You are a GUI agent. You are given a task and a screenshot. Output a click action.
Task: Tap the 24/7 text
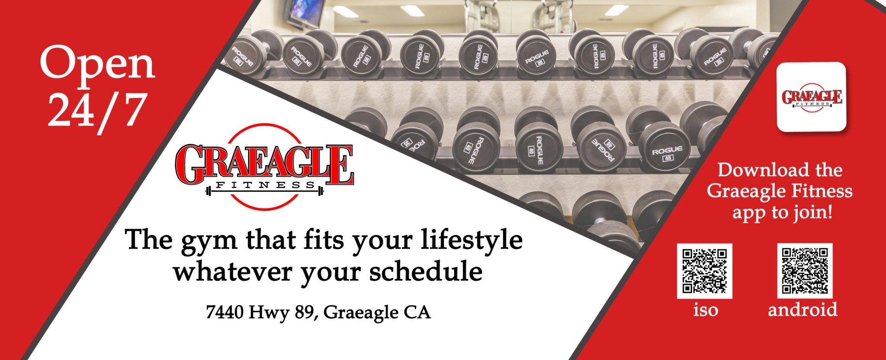97,112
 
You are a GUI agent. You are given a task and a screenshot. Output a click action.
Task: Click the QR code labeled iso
704,271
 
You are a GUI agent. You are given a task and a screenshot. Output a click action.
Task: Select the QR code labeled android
805,271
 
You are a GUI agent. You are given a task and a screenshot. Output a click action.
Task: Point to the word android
803,310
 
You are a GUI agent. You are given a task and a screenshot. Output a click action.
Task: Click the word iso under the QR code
706,310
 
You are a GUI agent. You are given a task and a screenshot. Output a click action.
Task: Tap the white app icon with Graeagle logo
811,97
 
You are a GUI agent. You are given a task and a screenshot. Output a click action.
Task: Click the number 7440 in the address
225,312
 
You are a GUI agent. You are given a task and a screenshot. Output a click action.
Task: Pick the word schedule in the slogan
426,272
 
